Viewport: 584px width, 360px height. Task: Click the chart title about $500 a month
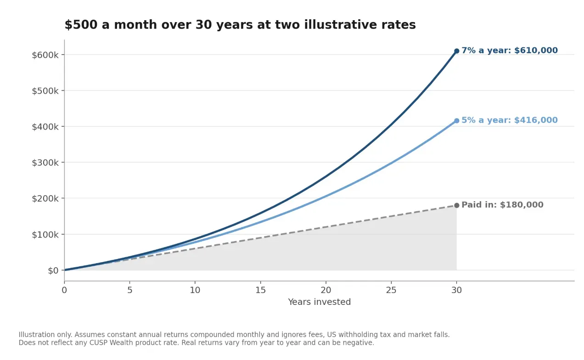point(240,25)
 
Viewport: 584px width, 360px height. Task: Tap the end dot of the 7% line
point(456,51)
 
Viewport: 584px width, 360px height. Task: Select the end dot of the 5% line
point(456,121)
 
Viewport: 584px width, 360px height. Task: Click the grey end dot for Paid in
point(456,205)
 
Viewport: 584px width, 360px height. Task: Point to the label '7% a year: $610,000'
point(510,51)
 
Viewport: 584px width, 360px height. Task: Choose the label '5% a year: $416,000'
point(510,120)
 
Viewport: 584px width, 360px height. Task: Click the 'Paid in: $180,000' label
point(502,205)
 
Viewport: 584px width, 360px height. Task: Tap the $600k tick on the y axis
point(45,55)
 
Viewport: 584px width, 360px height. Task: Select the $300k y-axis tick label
point(45,163)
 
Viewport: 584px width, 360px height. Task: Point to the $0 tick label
point(53,270)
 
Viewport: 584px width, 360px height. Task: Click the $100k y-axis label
point(45,235)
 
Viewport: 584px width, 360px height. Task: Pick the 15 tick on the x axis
point(260,290)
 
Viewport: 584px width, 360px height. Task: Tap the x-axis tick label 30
point(456,290)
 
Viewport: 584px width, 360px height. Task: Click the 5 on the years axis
point(129,290)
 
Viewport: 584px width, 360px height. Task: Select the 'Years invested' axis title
point(320,302)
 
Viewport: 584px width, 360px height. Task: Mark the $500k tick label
point(45,91)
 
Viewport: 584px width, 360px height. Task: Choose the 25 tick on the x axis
point(391,290)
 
